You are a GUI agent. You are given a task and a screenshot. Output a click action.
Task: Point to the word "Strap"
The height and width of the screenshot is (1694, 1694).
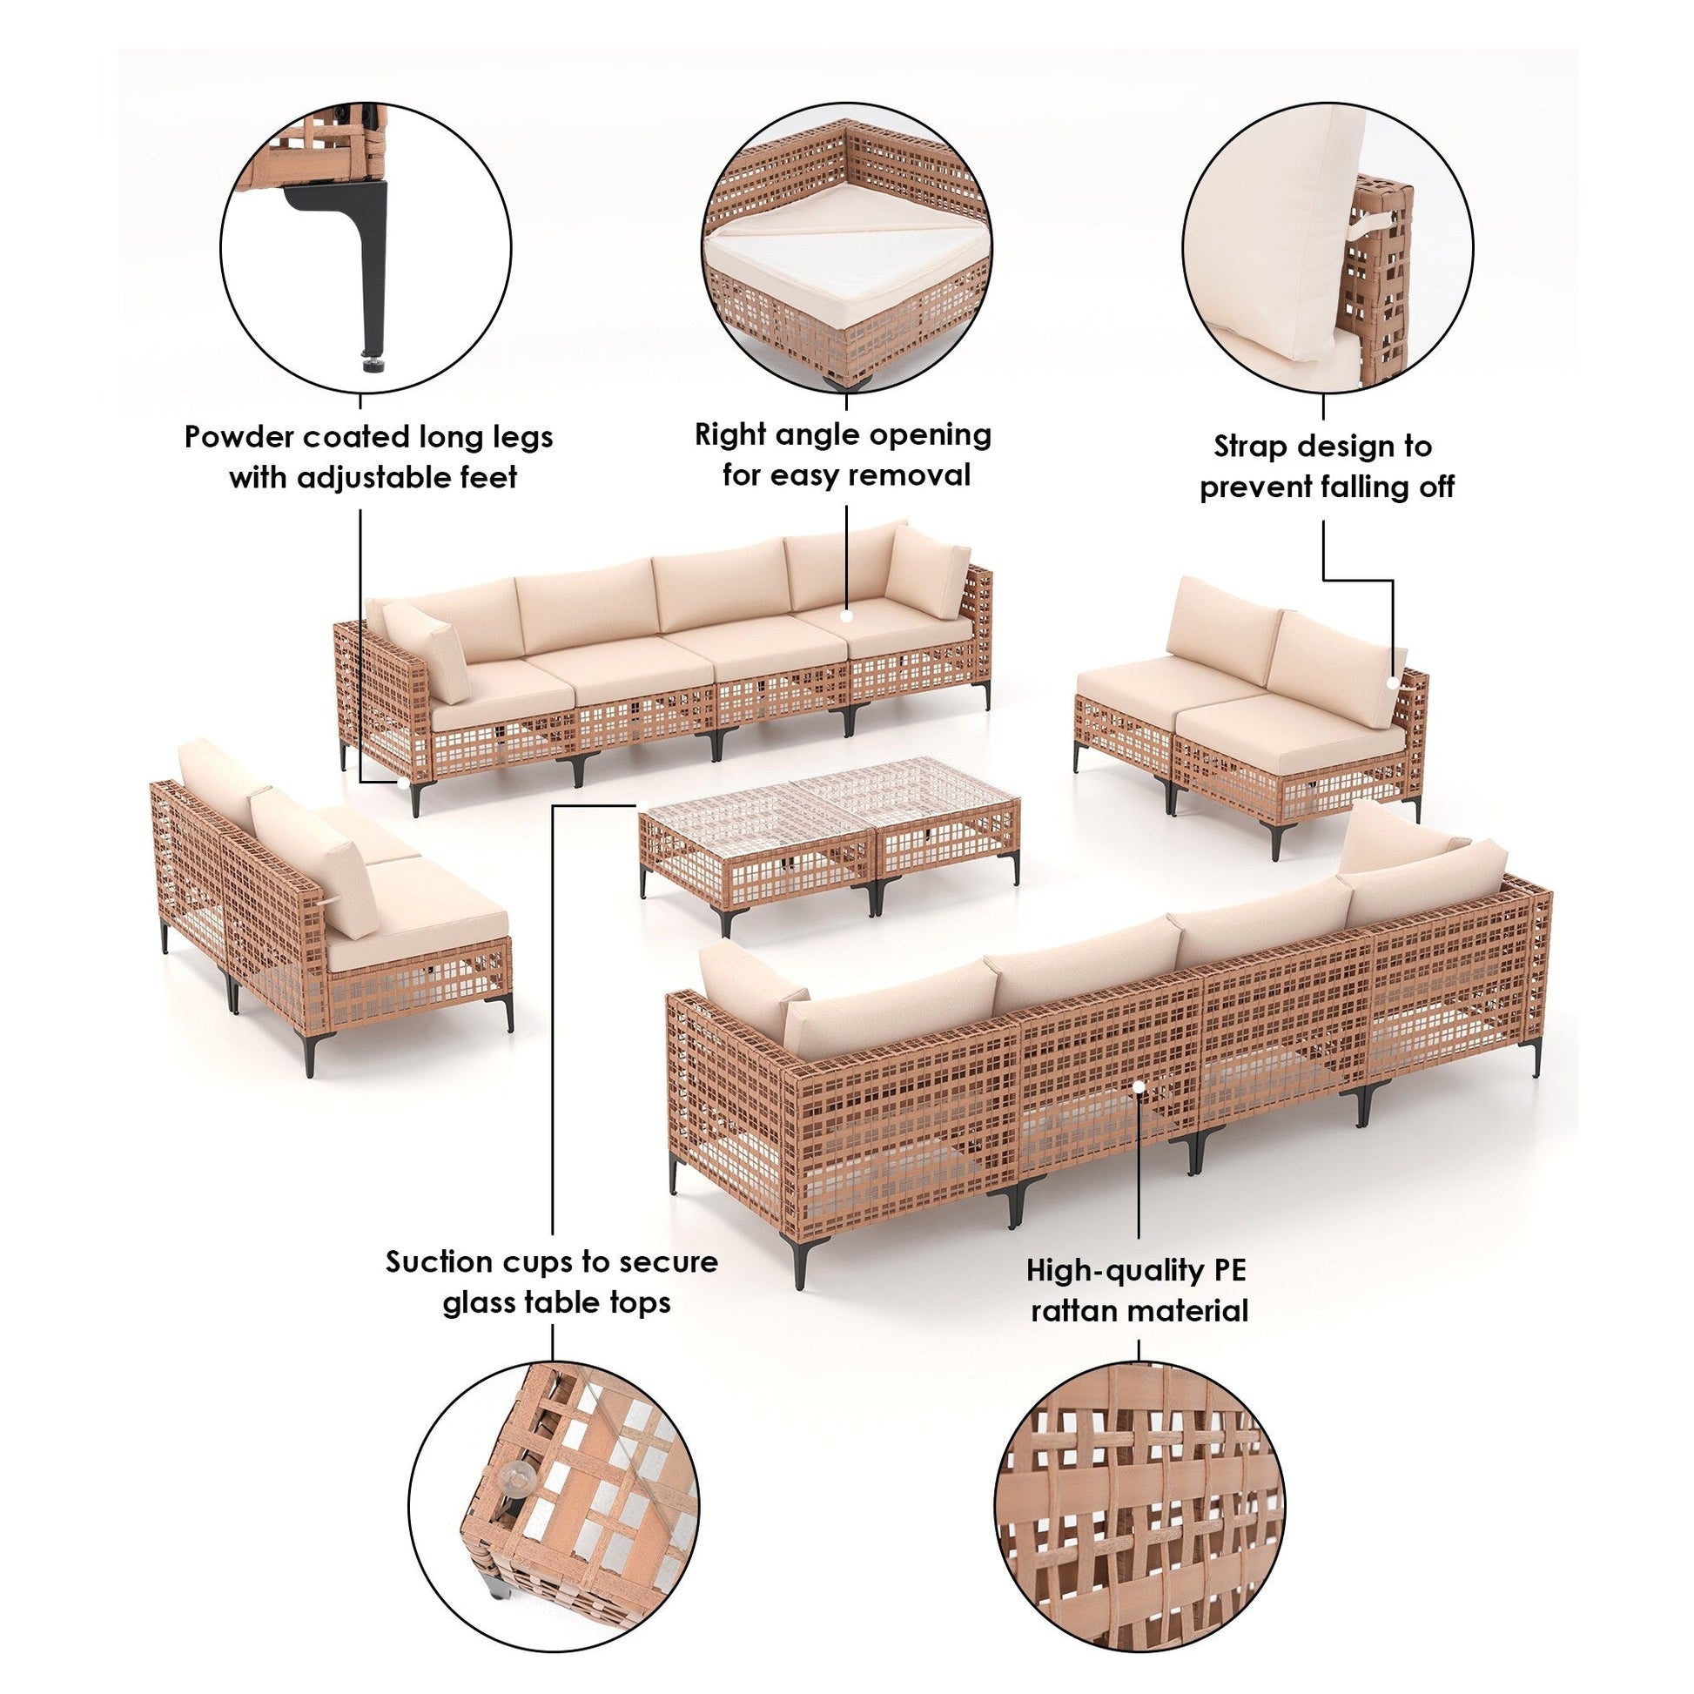(1252, 447)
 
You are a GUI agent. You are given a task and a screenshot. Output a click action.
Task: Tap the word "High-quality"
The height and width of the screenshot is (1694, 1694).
(1113, 1271)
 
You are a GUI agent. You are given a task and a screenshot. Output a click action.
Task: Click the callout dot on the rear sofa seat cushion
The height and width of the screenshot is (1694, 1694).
(847, 616)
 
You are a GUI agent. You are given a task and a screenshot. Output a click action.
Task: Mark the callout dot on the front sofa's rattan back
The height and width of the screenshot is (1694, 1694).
(1138, 1086)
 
